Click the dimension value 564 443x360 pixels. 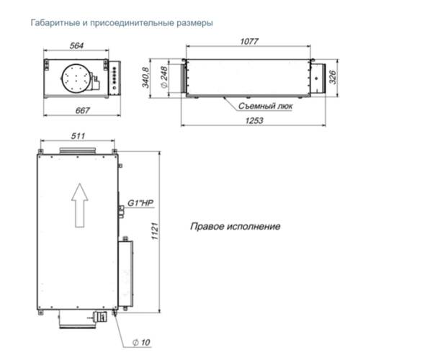pyautogui.click(x=76, y=46)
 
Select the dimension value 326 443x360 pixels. pyautogui.click(x=333, y=76)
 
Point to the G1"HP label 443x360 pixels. pyautogui.click(x=140, y=204)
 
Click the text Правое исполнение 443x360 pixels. pyautogui.click(x=235, y=226)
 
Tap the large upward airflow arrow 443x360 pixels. pyautogui.click(x=81, y=203)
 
